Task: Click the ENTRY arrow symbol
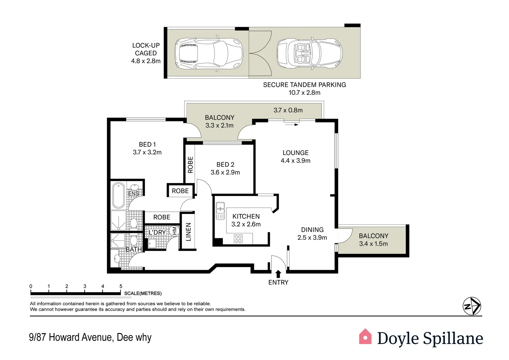pos(278,274)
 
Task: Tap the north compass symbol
pos(472,306)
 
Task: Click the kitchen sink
pos(220,211)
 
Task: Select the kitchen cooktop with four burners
pos(238,239)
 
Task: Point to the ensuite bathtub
pos(118,195)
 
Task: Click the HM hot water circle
pos(174,230)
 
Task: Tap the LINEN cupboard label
pos(188,232)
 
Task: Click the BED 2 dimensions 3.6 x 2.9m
pos(225,172)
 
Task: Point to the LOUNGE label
pos(295,153)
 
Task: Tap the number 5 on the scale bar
pos(121,286)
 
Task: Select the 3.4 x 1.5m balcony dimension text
pos(373,244)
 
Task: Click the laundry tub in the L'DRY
pos(152,244)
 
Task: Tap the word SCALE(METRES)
pos(143,293)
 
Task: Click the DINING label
pos(312,230)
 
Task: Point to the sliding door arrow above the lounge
pos(292,125)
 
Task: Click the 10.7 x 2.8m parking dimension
pos(304,93)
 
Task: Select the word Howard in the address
pos(64,337)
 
